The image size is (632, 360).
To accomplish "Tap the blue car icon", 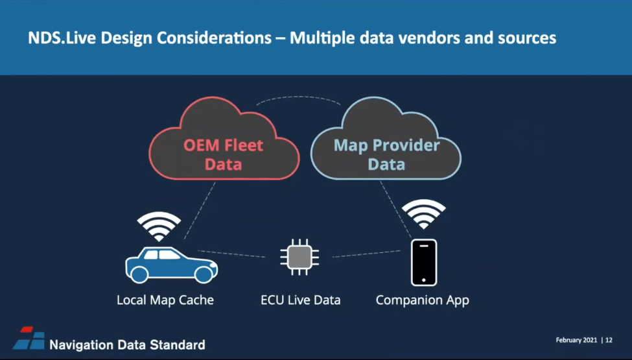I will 170,263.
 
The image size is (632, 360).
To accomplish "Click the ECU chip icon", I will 299,256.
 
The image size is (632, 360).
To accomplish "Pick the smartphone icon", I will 424,263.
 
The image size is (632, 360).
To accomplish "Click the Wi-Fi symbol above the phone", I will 424,214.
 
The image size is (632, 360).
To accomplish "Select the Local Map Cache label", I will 165,300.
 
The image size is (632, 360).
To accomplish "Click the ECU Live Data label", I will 300,300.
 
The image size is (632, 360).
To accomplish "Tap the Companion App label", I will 422,300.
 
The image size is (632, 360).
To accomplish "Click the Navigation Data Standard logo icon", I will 29,339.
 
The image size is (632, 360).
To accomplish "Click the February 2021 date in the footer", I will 576,340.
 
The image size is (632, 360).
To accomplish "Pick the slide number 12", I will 609,340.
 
